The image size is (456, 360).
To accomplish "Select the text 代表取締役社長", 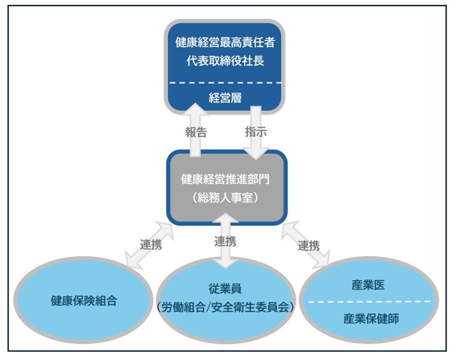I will [x=225, y=61].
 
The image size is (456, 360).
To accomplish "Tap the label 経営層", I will [x=225, y=97].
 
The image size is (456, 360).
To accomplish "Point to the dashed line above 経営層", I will [x=225, y=82].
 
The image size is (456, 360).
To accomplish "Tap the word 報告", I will [x=195, y=132].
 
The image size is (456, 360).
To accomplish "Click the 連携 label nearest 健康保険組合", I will [x=151, y=245].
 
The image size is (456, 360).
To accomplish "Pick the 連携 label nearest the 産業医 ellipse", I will [x=309, y=245].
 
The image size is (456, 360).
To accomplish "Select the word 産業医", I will [x=368, y=285].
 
